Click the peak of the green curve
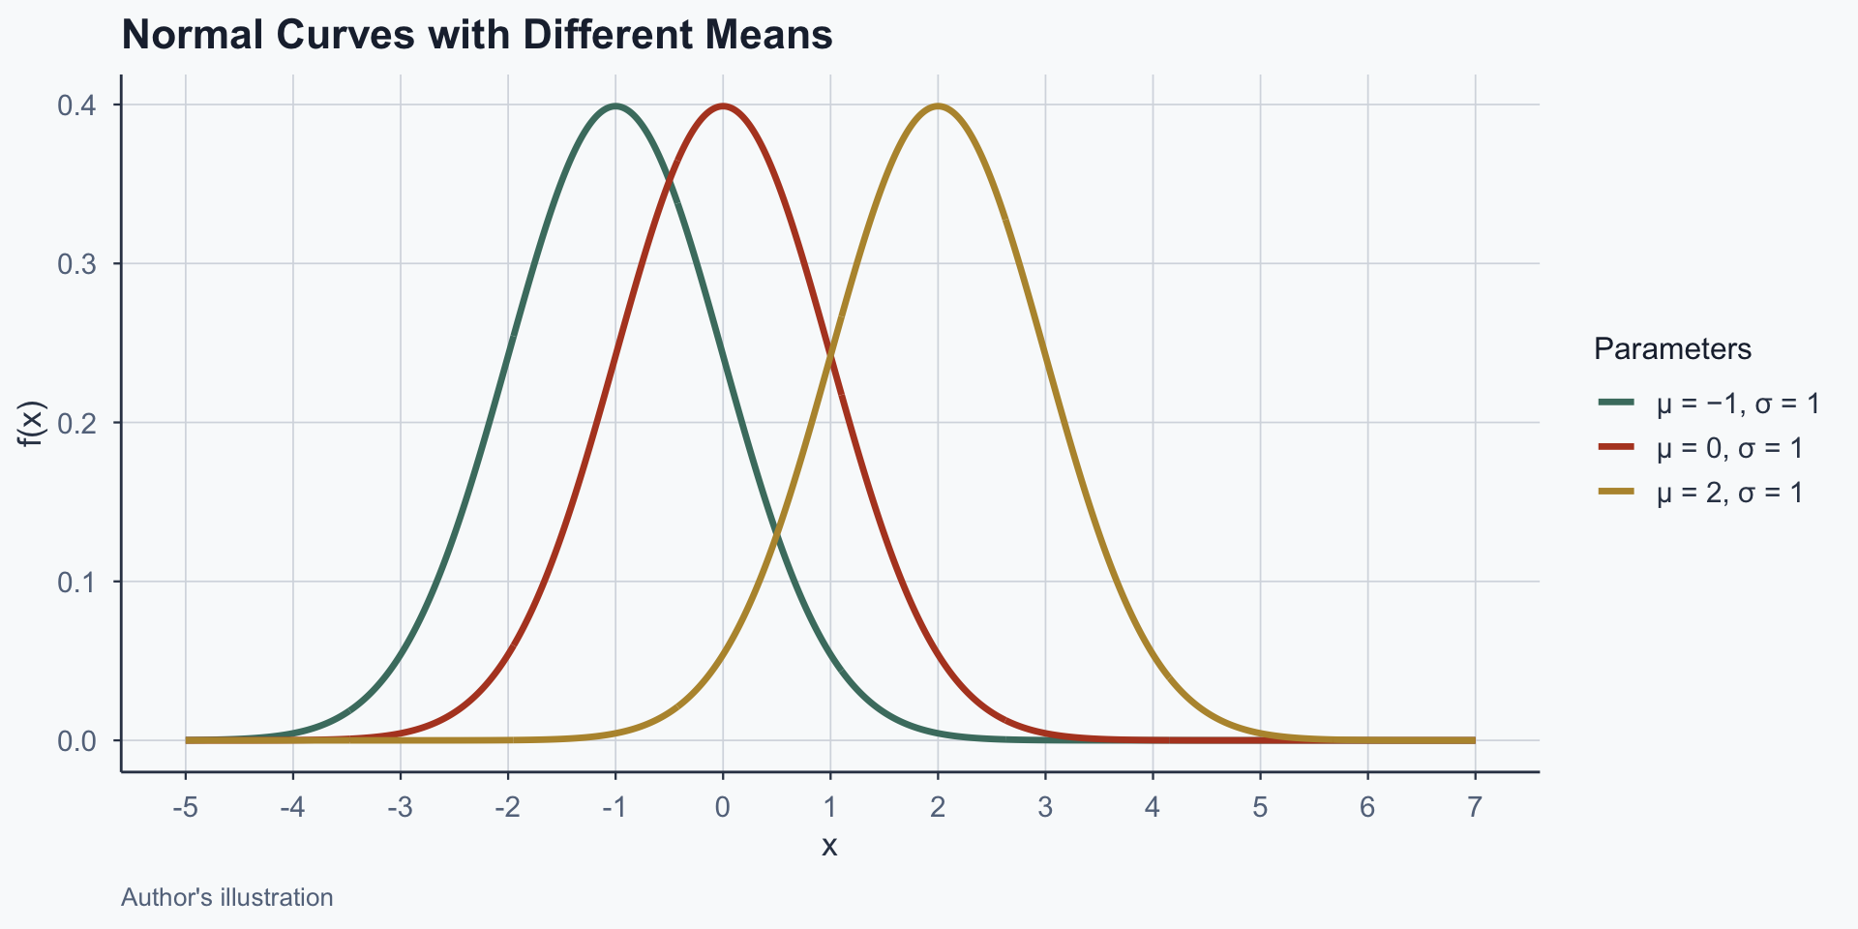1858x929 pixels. (615, 105)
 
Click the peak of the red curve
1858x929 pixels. (723, 105)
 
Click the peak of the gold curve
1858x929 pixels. (938, 105)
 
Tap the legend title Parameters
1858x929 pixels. (1672, 348)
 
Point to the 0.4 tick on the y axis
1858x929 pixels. (76, 105)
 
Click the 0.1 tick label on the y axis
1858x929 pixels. (76, 582)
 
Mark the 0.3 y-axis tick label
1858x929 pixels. (76, 264)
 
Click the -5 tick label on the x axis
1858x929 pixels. (185, 807)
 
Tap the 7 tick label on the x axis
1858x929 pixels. (1475, 807)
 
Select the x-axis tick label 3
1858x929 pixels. (1045, 807)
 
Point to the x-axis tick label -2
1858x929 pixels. (507, 807)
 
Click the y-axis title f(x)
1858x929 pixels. (33, 423)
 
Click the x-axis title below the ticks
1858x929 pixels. (829, 846)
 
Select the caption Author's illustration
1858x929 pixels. (227, 897)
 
